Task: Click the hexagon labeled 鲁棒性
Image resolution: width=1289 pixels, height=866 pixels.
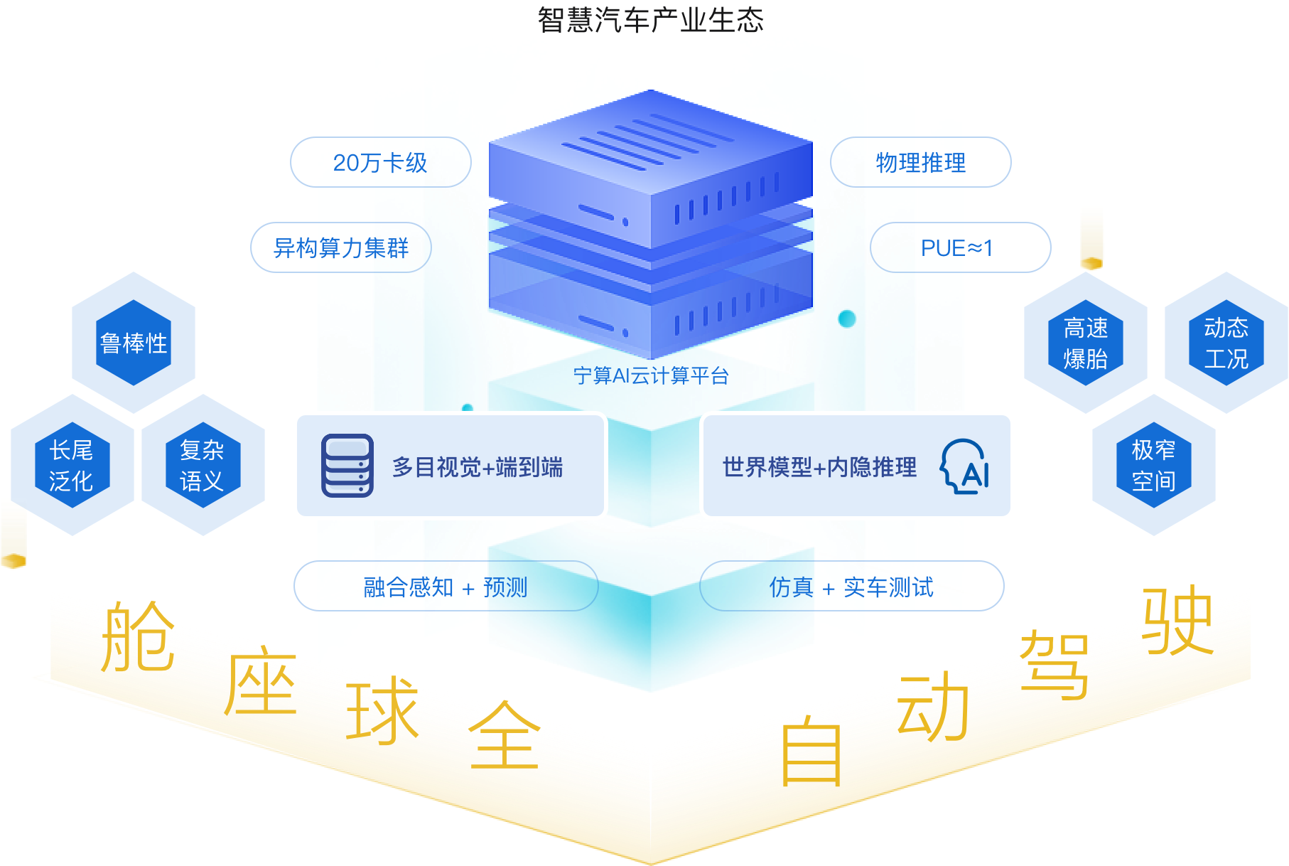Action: coord(134,343)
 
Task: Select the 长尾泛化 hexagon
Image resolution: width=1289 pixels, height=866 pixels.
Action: coord(72,465)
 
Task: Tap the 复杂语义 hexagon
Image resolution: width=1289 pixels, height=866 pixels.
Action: coord(203,465)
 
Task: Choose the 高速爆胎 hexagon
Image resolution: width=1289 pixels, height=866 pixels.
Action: coord(1085,343)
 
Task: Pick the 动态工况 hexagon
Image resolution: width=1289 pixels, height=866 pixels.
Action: coord(1226,343)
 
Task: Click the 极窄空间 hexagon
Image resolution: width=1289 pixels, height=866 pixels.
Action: coord(1153,465)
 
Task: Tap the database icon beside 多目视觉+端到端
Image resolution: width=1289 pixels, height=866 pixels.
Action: coord(347,466)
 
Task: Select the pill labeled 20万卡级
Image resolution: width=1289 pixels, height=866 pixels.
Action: coord(380,162)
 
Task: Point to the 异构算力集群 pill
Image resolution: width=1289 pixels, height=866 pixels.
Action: coord(341,247)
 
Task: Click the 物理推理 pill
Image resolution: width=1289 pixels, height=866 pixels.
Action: coord(920,162)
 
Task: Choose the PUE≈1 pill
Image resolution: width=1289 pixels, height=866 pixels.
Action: coord(959,247)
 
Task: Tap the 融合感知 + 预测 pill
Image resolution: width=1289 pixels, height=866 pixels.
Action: coord(446,587)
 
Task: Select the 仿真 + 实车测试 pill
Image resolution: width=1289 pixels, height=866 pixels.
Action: coord(851,587)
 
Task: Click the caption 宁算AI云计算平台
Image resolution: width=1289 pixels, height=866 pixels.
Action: coord(651,375)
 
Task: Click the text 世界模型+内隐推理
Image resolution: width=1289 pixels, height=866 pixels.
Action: coord(819,467)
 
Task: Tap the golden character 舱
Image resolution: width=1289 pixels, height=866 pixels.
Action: coord(137,638)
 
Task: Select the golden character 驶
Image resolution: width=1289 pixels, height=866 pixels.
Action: coord(1177,620)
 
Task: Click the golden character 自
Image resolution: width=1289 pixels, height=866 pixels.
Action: coord(811,752)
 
